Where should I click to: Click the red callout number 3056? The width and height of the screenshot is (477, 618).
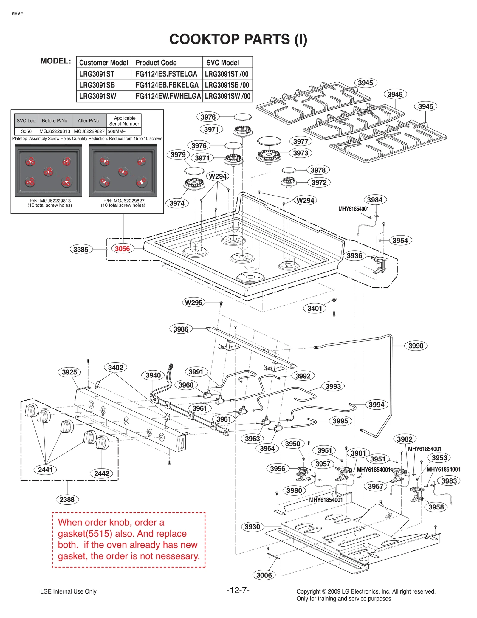[x=122, y=249]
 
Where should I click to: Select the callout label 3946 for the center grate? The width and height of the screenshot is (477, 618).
[x=395, y=94]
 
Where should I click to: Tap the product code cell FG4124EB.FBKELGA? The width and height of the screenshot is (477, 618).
[x=167, y=85]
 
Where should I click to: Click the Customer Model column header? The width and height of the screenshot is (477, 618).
[x=103, y=63]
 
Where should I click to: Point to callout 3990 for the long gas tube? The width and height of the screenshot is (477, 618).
[x=416, y=346]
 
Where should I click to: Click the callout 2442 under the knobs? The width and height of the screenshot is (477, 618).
[x=102, y=473]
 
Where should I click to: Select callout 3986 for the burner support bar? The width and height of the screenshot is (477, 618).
[x=181, y=329]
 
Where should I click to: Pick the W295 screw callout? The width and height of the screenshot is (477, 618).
[x=193, y=302]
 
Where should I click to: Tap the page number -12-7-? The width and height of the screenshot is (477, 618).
[x=238, y=590]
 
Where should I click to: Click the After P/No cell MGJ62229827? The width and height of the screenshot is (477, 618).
[x=89, y=131]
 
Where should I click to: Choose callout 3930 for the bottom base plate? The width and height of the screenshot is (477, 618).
[x=252, y=527]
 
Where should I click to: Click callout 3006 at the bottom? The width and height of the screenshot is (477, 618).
[x=264, y=575]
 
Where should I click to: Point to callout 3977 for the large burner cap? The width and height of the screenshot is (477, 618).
[x=301, y=141]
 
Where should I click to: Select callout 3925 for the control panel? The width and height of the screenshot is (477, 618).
[x=69, y=372]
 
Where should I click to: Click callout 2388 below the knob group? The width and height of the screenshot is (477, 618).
[x=67, y=499]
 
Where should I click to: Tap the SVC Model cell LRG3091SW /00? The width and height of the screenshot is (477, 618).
[x=227, y=96]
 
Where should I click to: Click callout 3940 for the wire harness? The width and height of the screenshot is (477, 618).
[x=153, y=375]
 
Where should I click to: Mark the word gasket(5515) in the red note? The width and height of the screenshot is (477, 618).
[x=85, y=534]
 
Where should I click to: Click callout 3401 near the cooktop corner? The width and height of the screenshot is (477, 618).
[x=315, y=308]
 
